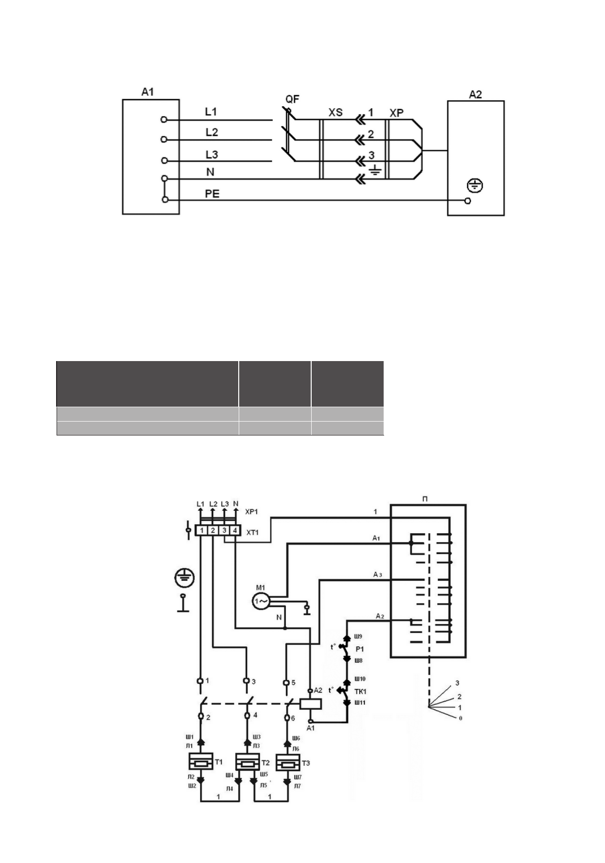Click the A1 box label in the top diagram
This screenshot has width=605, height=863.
[x=147, y=91]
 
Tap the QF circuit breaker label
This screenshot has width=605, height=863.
[x=292, y=99]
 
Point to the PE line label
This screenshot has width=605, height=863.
[x=212, y=193]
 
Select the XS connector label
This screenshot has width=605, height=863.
[x=336, y=113]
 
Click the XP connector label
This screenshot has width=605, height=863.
[x=397, y=113]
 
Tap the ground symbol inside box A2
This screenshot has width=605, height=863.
[x=475, y=186]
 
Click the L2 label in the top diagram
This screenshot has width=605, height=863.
[x=212, y=133]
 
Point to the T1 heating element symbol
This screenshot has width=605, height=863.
[x=201, y=762]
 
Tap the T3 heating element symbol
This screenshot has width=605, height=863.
[x=287, y=762]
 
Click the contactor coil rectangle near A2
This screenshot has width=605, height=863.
[x=310, y=703]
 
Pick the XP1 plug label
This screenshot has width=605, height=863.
[x=253, y=511]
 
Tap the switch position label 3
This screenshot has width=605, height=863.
[x=457, y=683]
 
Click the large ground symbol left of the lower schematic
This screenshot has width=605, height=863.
[x=184, y=578]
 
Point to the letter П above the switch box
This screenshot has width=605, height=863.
[x=425, y=499]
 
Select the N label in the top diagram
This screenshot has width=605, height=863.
[x=210, y=172]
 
